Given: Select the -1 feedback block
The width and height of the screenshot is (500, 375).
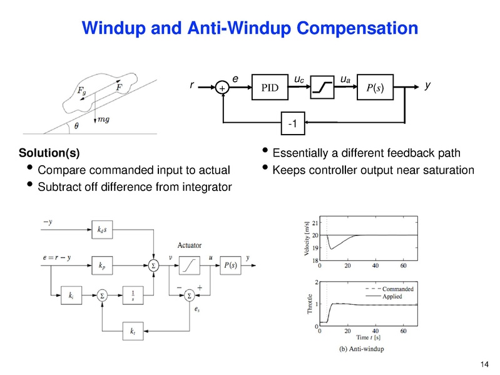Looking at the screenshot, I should pyautogui.click(x=292, y=124).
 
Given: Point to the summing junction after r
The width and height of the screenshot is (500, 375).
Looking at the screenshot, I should pyautogui.click(x=223, y=89).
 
